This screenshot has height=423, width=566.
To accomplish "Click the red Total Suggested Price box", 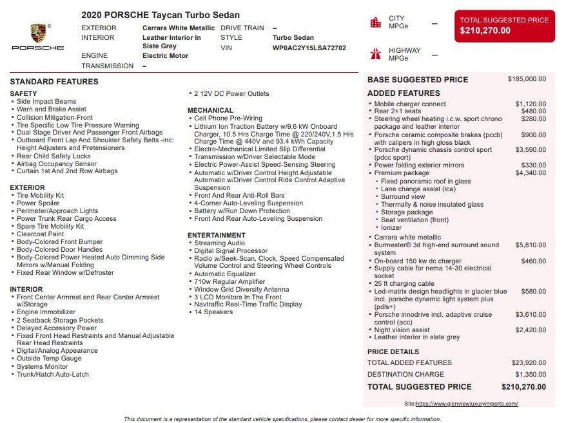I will (504, 26).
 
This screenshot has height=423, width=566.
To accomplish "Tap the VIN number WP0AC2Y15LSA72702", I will (309, 48).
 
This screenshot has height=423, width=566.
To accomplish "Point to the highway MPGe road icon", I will (375, 53).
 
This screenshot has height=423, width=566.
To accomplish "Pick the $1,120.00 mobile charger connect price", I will (531, 104).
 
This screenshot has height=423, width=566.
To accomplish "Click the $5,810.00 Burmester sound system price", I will (531, 245).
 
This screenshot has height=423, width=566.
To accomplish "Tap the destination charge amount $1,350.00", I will (531, 374).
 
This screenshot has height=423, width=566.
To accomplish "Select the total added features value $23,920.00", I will (529, 362).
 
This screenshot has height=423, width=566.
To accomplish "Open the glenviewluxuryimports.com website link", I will (467, 404).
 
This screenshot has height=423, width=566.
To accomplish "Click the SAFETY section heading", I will (24, 93).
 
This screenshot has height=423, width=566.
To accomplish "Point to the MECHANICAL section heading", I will (210, 110).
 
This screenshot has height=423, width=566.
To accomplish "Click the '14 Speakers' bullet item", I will (213, 312).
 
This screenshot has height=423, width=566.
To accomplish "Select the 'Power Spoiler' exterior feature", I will (38, 203).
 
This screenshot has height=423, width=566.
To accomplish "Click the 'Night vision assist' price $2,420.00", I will (531, 330).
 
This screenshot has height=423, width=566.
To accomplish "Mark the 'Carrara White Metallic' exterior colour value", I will (179, 28).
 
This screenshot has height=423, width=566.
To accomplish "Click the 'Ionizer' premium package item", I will (391, 228).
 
